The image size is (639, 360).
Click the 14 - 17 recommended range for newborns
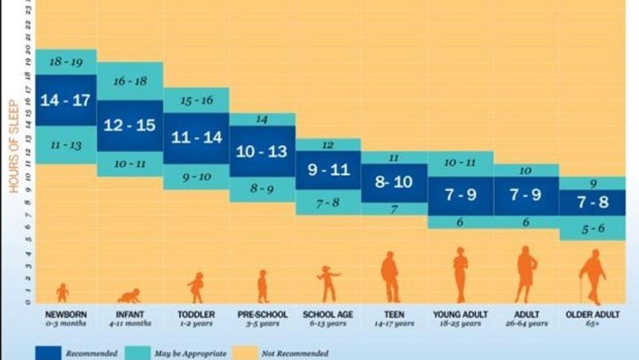65,100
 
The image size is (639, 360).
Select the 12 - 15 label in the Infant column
130,126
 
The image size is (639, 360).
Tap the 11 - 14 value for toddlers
196,138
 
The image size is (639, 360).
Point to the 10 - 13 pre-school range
263,152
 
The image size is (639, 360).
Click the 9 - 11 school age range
328,171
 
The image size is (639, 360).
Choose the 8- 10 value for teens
394,182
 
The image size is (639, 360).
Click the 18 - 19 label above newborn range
65,62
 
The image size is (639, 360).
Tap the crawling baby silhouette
130,295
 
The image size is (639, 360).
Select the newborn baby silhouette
62,293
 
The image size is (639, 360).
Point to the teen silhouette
390,276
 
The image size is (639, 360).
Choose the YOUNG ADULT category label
460,315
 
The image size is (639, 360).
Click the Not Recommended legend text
295,354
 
